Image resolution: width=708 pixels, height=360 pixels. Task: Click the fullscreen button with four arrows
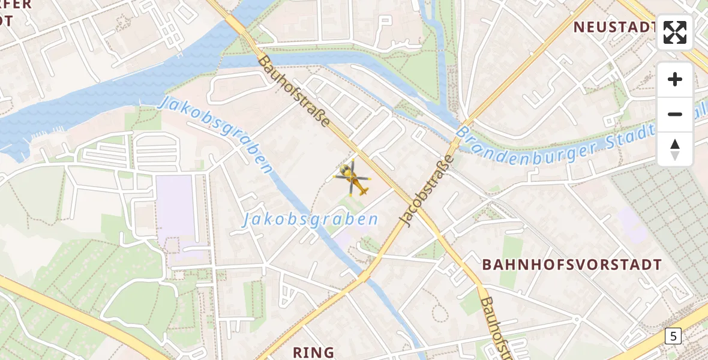675,32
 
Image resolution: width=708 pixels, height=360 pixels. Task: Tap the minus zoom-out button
675,114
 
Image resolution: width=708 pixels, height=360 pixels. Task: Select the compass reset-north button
675,149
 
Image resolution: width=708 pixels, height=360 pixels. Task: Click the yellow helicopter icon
353,179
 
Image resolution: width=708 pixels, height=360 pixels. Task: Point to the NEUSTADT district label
614,27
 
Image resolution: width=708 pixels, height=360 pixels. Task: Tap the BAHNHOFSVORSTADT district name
572,265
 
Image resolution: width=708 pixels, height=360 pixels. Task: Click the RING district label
313,352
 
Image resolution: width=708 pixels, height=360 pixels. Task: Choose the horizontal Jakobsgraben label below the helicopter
310,220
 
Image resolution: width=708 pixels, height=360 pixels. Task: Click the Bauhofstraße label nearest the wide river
294,91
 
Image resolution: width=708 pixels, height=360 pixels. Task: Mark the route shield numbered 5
673,337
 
